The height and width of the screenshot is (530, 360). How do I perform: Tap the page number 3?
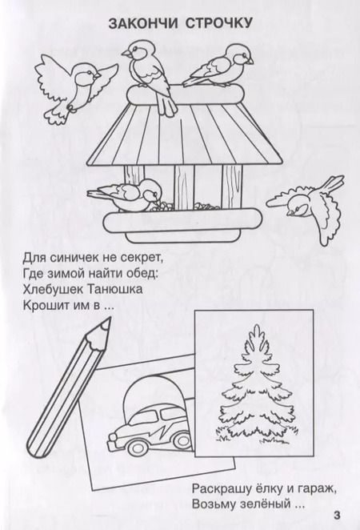coord(337,514)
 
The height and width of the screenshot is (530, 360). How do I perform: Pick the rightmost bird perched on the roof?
coord(215,70)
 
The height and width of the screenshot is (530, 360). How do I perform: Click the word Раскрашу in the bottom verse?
coord(221,487)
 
